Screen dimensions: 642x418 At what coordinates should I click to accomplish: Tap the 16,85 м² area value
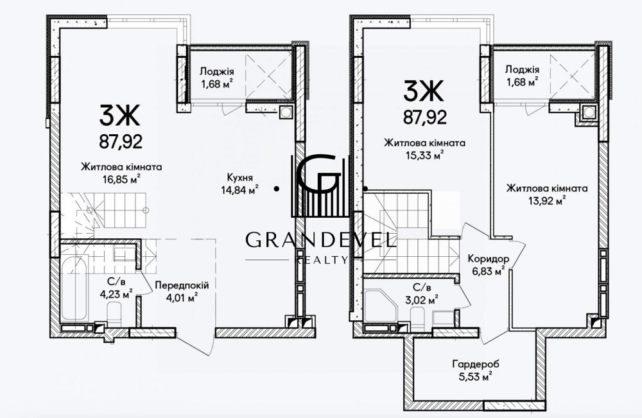[x=121, y=179]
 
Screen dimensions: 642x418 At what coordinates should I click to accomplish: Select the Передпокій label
[x=182, y=285]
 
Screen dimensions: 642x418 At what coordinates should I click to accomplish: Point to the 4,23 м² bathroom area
[x=116, y=294]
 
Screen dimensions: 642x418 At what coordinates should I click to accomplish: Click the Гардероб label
[x=476, y=363]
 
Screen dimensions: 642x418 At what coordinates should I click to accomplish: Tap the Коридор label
[x=489, y=259]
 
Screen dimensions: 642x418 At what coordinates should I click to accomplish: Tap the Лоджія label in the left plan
[x=217, y=72]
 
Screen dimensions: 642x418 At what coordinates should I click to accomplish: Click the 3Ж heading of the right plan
[x=423, y=91]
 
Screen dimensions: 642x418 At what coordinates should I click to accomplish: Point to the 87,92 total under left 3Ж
[x=121, y=142]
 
